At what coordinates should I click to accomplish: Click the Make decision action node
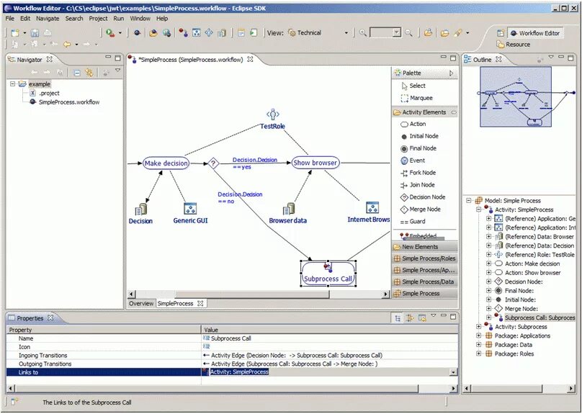coord(166,163)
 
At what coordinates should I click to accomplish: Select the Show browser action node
coord(315,163)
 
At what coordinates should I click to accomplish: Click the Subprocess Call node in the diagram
coord(328,278)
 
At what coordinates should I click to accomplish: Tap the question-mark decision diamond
coord(213,163)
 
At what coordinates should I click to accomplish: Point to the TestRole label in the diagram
coord(272,127)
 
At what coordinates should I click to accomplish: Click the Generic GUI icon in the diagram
coord(190,209)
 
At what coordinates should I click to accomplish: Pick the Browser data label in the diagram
coord(287,221)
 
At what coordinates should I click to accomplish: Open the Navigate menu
coord(48,18)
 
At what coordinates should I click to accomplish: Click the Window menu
coord(140,18)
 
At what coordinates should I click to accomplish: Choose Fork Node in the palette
coord(422,173)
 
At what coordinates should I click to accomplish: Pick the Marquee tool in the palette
coord(421,98)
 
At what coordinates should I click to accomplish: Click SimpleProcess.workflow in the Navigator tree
coord(69,102)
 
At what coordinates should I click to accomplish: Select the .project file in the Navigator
coord(49,93)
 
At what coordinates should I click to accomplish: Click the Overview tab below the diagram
coord(140,304)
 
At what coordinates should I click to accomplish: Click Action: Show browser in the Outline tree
coord(532,273)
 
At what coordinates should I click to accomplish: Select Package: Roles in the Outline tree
coord(515,354)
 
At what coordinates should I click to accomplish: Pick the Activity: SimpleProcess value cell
coord(239,372)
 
